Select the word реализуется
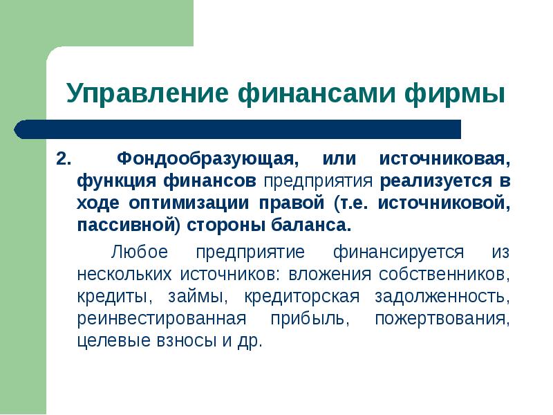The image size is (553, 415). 427,182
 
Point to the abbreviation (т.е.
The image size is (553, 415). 353,204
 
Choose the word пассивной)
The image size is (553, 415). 124,226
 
